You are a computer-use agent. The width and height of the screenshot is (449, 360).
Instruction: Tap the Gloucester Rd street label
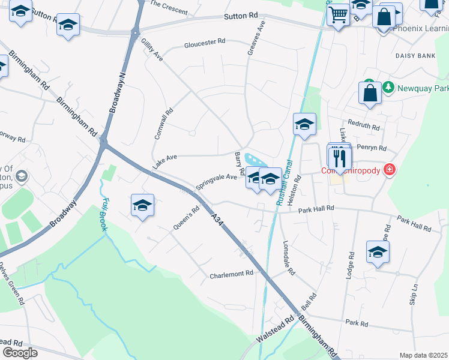click(x=205, y=44)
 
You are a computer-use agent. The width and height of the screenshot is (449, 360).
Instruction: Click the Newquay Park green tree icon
click(x=388, y=88)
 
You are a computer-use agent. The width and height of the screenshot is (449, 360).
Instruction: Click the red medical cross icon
click(x=390, y=170)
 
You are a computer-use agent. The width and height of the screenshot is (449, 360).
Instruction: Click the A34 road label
click(x=217, y=220)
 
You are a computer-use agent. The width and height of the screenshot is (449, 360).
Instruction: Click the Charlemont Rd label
click(x=232, y=274)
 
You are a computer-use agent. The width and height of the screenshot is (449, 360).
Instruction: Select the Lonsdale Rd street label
click(x=289, y=258)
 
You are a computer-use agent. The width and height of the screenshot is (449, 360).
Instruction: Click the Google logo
click(x=19, y=353)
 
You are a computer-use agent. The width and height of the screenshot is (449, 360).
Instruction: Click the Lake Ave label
click(x=164, y=161)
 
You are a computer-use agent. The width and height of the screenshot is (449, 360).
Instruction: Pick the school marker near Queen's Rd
click(x=142, y=206)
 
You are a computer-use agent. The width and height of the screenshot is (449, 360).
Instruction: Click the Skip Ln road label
click(x=414, y=295)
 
